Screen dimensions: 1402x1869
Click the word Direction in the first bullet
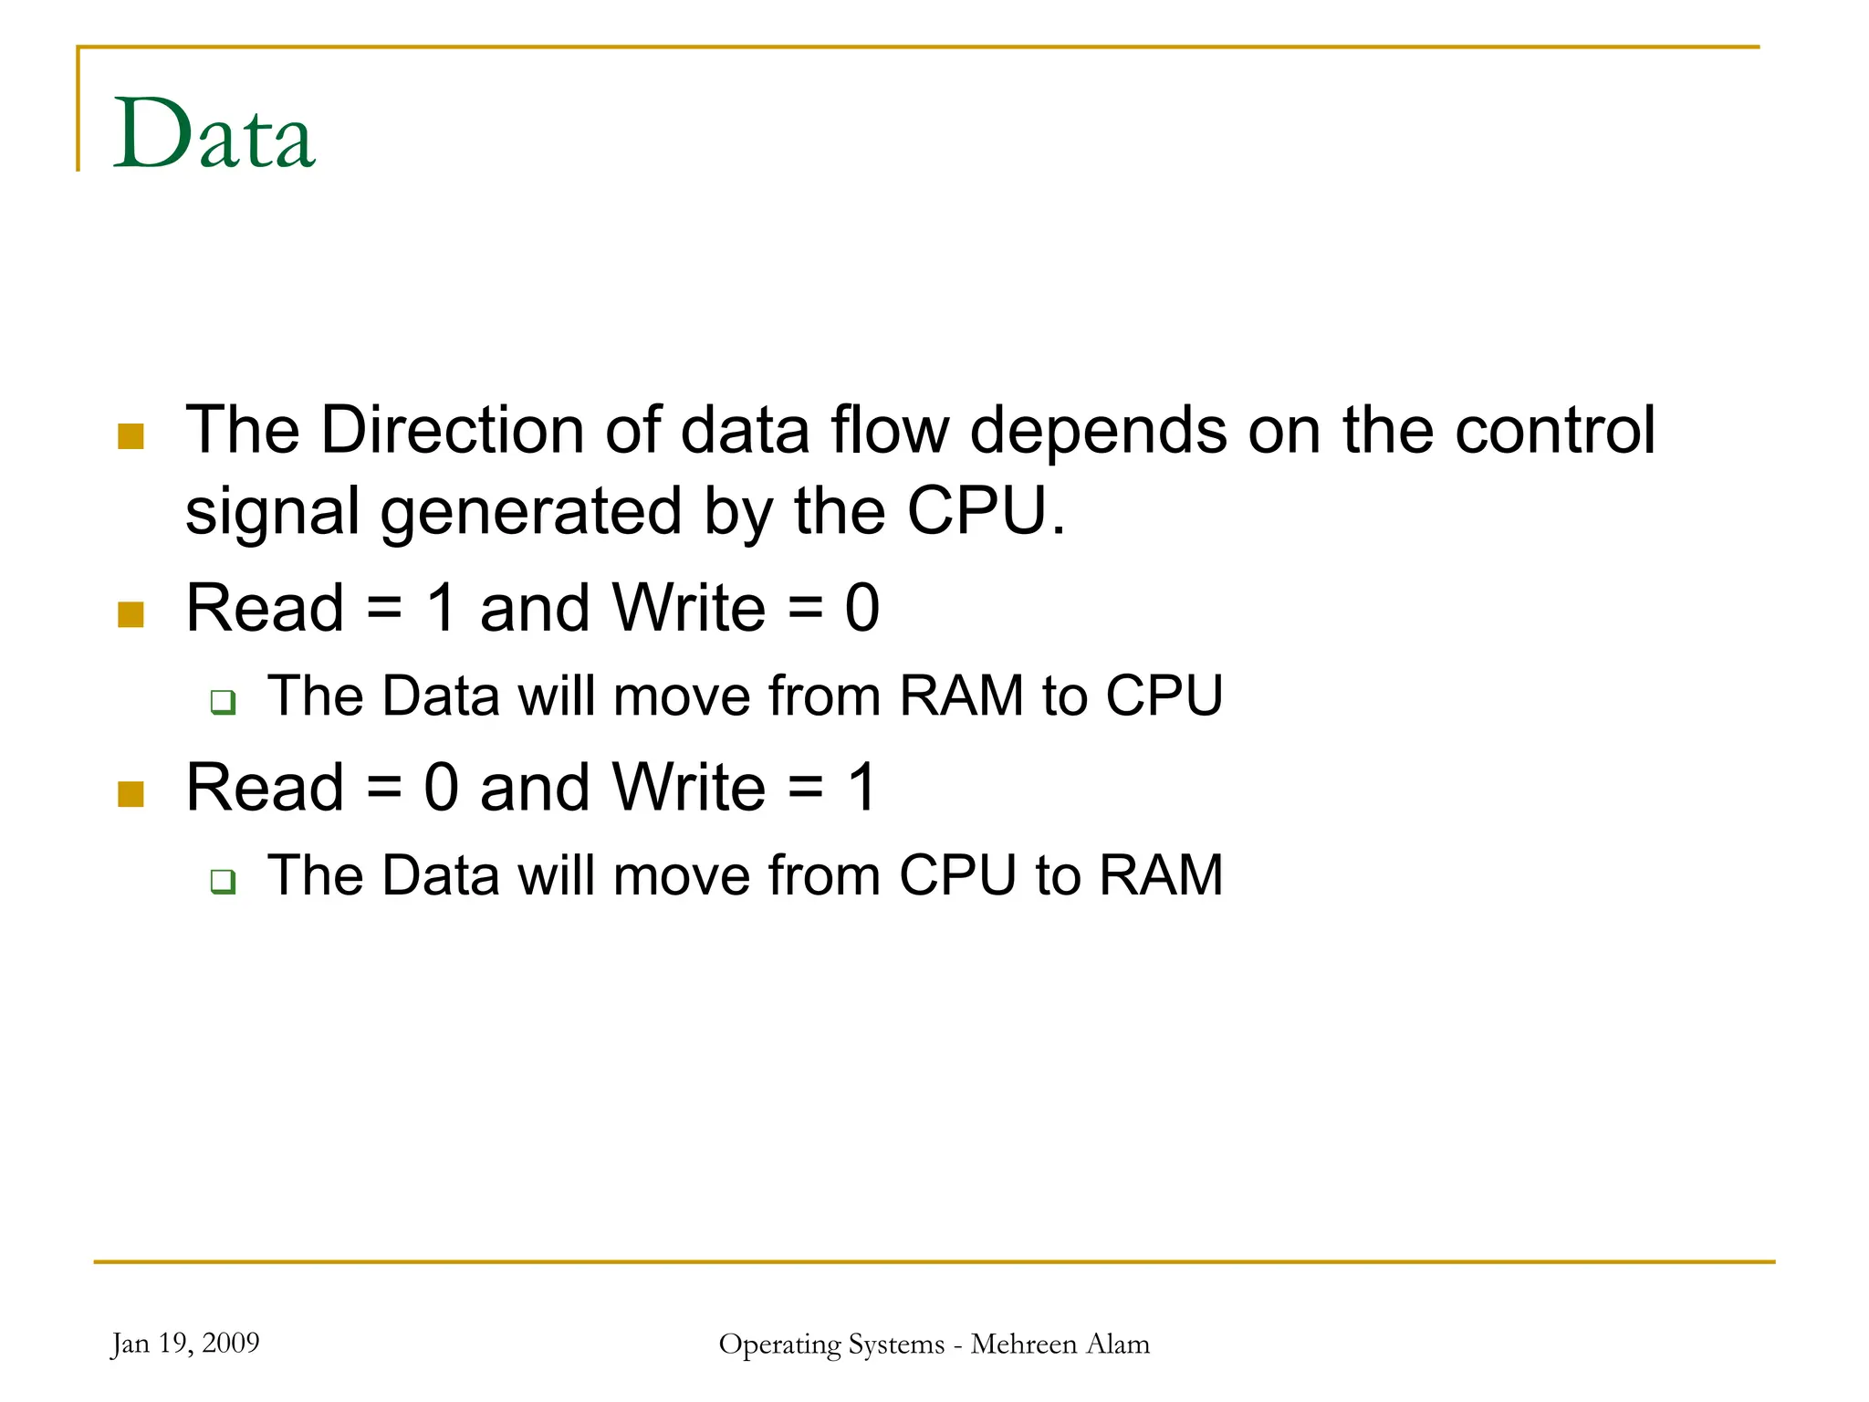coord(453,430)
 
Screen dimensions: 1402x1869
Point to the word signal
coord(273,512)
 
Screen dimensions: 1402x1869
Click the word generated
coord(531,512)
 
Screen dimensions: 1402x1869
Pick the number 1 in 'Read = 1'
coord(442,608)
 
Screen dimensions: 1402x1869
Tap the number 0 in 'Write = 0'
coord(861,608)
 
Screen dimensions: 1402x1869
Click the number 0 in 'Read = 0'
coord(442,787)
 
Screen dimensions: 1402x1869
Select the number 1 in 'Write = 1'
coord(861,787)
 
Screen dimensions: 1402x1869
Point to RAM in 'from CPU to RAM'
coord(1161,875)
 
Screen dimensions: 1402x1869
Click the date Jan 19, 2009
coord(185,1343)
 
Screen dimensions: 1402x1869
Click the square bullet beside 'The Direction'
coord(131,436)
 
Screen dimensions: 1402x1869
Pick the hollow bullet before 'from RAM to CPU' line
coord(223,702)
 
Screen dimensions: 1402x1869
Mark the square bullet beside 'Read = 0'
coord(131,794)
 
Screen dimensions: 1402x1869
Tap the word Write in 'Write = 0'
coord(689,608)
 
